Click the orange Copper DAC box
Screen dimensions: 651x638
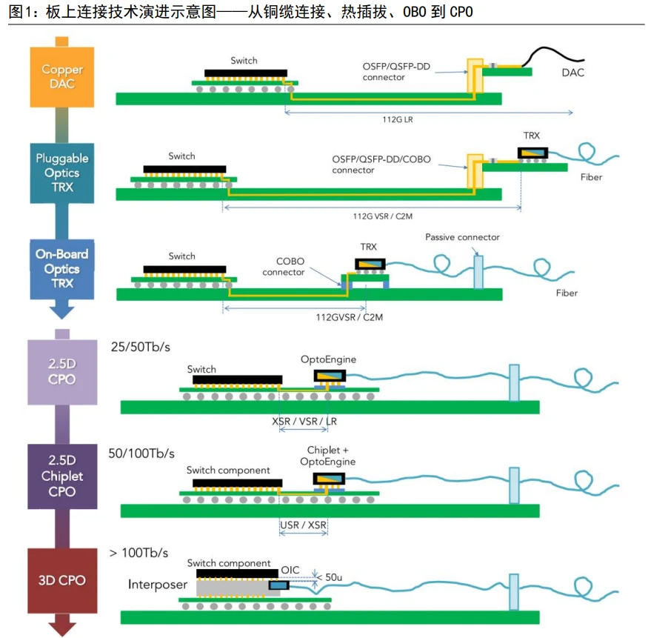coord(62,77)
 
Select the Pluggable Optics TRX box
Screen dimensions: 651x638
coord(62,173)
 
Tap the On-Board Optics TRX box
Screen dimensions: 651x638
coord(62,269)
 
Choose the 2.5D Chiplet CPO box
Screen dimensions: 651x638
coord(62,476)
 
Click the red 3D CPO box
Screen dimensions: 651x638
coord(62,580)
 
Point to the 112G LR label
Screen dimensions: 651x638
coord(397,119)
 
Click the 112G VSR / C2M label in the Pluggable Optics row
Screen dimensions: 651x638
coord(382,216)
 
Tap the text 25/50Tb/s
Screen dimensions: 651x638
coord(140,347)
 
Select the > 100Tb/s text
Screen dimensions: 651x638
coord(138,553)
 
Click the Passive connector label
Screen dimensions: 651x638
coord(462,237)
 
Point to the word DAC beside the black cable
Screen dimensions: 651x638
coord(572,73)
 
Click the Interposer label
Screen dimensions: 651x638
coord(157,585)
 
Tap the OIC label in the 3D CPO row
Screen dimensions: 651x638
coord(290,570)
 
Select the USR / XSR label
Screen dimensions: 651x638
coord(303,525)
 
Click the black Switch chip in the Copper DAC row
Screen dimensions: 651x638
coord(246,73)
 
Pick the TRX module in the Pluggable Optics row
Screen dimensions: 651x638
coord(533,153)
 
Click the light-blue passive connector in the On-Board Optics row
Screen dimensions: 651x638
coord(478,272)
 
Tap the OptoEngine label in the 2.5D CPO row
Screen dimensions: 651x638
coord(328,359)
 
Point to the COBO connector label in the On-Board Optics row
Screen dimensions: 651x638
coord(284,267)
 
